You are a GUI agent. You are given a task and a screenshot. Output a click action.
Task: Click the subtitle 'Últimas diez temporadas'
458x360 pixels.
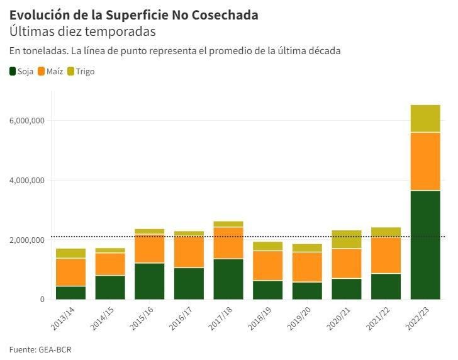pos(82,31)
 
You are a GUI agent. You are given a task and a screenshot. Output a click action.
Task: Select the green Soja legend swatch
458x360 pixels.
pos(13,71)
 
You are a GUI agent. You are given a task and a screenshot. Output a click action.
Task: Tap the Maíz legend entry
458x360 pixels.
pos(50,71)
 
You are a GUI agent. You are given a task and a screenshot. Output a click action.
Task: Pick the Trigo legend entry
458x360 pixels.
pos(81,71)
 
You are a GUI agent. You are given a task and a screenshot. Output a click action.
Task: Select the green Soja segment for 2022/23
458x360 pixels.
pos(425,245)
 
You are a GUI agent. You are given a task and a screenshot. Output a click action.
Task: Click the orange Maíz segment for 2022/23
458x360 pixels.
pos(425,161)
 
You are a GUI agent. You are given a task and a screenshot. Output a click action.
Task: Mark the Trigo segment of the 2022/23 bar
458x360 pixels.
pos(425,118)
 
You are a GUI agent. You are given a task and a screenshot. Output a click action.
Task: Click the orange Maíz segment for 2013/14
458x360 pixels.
pos(70,272)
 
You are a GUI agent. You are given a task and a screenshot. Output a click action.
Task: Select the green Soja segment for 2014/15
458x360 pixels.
pos(110,288)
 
